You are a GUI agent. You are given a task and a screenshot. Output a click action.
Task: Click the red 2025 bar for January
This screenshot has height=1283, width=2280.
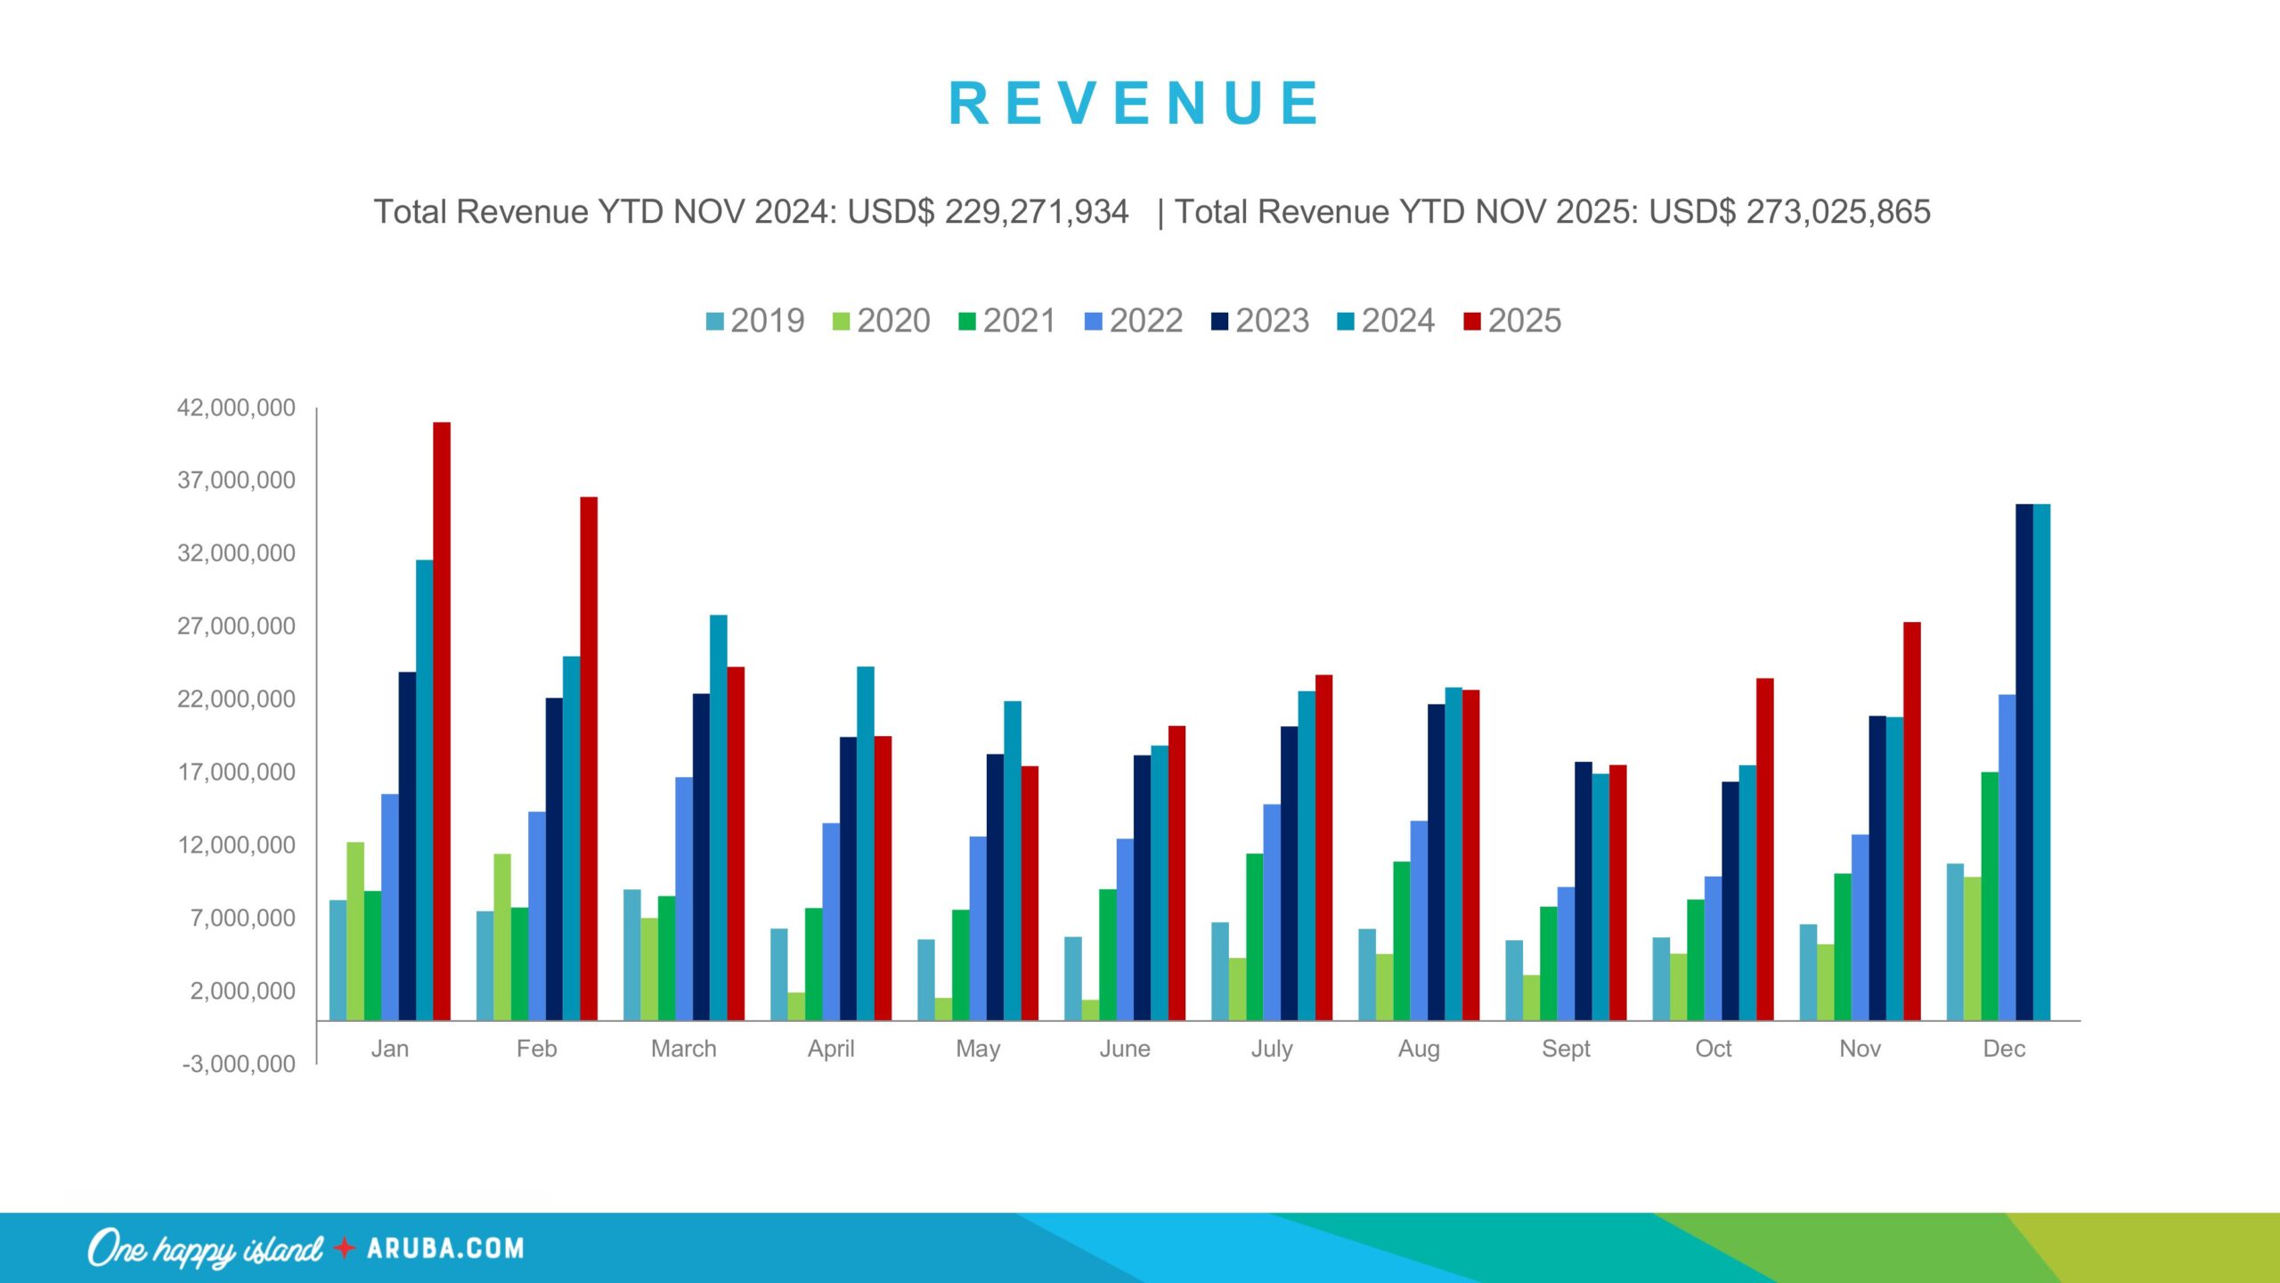click(442, 722)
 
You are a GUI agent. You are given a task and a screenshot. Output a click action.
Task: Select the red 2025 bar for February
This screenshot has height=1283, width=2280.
click(589, 758)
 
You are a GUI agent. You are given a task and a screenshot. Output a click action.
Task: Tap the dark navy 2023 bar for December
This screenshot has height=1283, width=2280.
click(2024, 762)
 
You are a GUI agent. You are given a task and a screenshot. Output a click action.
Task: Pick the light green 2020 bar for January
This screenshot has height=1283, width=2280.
click(355, 931)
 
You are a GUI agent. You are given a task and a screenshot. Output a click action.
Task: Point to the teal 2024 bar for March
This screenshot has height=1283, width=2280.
click(718, 818)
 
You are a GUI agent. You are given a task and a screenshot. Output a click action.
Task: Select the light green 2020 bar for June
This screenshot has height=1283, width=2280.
click(1090, 1010)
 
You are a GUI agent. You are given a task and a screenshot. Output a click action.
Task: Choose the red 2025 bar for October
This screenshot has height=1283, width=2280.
click(1765, 849)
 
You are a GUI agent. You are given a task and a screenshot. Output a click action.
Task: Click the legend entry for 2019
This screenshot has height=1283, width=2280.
click(755, 321)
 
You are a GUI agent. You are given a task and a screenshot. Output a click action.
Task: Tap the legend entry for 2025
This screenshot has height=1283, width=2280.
click(1512, 321)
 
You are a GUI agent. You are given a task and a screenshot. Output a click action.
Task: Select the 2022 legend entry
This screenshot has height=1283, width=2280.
click(1134, 321)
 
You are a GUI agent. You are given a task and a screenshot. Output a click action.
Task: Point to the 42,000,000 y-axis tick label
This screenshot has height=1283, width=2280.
click(236, 408)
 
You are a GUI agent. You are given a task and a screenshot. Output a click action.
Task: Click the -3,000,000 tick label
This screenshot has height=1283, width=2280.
click(238, 1064)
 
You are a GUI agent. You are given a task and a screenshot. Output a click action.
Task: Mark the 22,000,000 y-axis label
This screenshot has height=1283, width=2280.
click(236, 699)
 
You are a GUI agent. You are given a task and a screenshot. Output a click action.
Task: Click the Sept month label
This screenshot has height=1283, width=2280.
click(1566, 1049)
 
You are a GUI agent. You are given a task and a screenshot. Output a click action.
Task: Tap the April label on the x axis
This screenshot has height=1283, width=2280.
click(831, 1049)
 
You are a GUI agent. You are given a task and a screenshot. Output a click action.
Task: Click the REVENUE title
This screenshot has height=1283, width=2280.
click(1135, 103)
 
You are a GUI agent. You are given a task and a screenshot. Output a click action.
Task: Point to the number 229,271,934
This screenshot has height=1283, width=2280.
click(1036, 212)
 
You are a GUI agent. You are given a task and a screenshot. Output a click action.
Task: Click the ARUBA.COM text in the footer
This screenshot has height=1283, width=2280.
click(445, 1248)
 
